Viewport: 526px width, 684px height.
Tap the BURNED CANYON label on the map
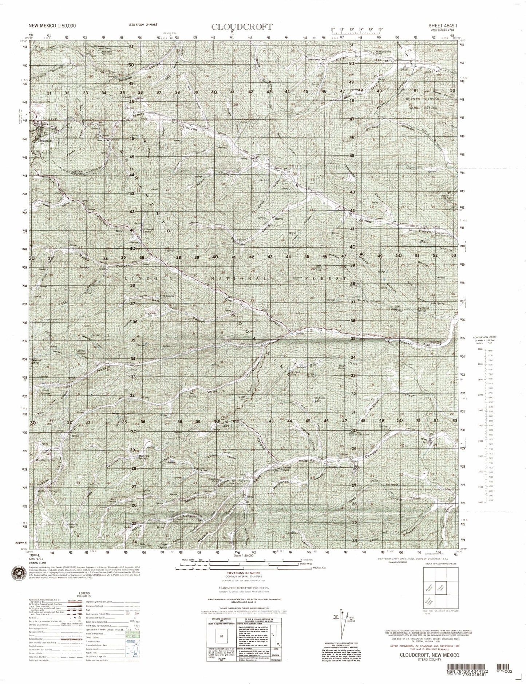(x=421, y=99)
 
